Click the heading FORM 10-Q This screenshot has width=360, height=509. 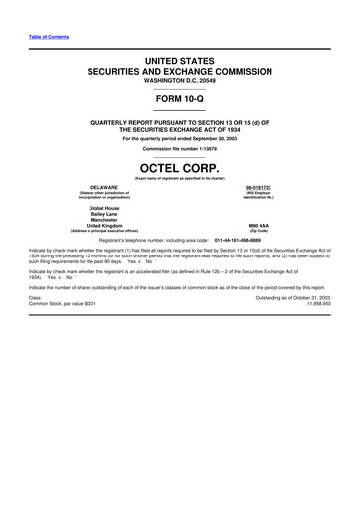(x=180, y=102)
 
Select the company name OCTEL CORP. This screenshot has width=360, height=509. (x=180, y=167)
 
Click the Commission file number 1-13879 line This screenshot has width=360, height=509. (x=180, y=149)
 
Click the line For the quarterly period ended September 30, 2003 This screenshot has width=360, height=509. (x=180, y=138)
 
